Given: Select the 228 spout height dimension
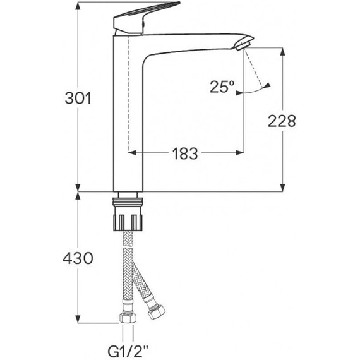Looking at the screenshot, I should point(282,121).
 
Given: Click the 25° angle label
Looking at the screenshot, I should point(223,87).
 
